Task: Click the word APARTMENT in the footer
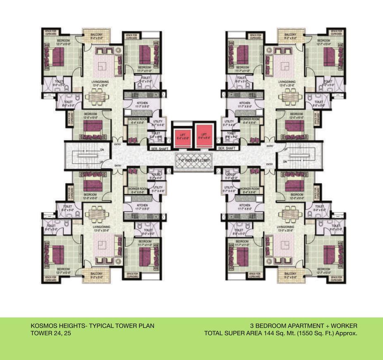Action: click(309, 326)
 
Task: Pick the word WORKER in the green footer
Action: click(345, 326)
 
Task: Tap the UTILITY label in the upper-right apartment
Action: click(229, 121)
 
